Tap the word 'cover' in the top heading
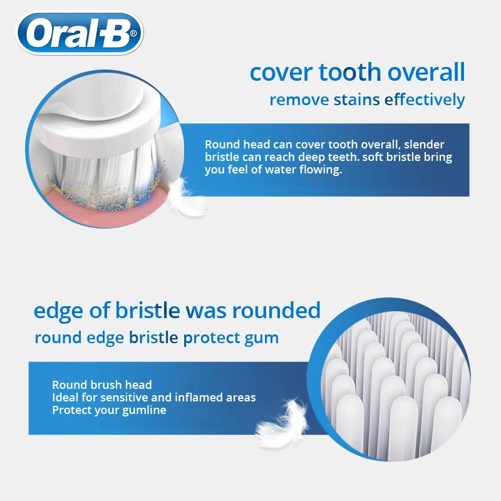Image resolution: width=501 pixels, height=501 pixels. click(281, 73)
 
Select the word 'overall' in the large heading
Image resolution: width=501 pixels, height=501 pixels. click(426, 73)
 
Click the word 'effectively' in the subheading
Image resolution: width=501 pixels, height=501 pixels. click(425, 100)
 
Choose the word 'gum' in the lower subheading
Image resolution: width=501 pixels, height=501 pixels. click(263, 339)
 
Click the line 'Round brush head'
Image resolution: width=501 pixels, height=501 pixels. click(102, 385)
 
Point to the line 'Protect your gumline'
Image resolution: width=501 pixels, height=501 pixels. click(109, 410)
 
